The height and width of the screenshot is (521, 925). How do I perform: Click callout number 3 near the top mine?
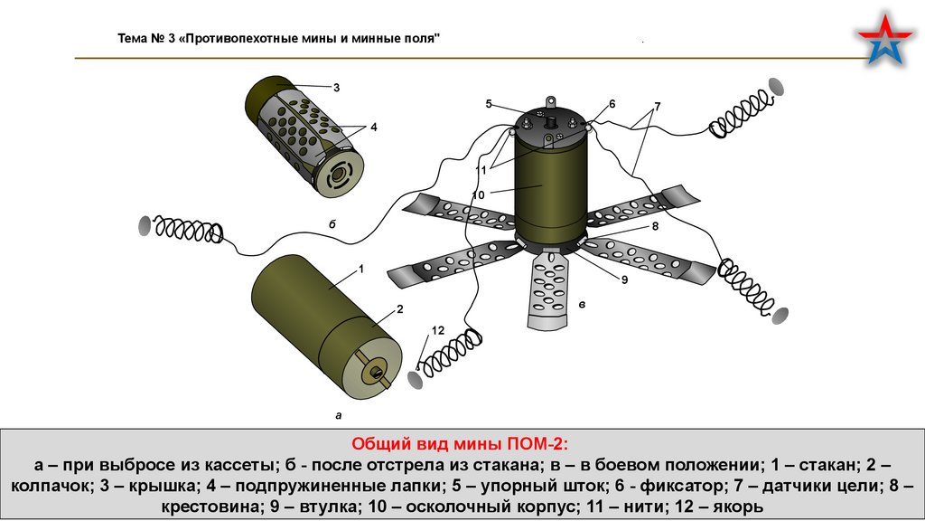[x=336, y=88]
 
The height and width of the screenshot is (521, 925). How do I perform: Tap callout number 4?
[x=373, y=128]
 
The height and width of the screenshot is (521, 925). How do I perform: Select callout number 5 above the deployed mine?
[x=488, y=105]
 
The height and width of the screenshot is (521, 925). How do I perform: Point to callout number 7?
[x=658, y=107]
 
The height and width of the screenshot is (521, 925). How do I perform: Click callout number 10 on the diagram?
[x=479, y=194]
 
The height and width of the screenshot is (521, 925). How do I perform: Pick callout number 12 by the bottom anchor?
[x=438, y=331]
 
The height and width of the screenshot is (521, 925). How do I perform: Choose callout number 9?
[x=623, y=280]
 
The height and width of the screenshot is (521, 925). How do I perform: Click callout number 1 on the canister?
[x=360, y=270]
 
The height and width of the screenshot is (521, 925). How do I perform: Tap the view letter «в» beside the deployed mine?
[x=582, y=305]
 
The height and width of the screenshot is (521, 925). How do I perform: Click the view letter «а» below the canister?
[x=339, y=416]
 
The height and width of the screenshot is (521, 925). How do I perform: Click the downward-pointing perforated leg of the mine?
[x=549, y=289]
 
